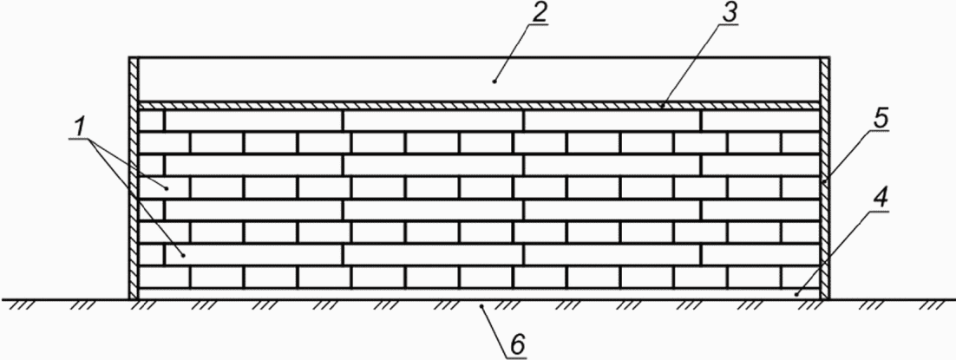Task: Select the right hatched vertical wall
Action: (824, 178)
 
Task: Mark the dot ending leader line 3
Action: (661, 105)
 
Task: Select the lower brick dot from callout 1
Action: (184, 254)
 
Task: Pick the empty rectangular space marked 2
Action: (347, 79)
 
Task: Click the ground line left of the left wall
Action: (61, 299)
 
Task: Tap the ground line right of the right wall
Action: (894, 299)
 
